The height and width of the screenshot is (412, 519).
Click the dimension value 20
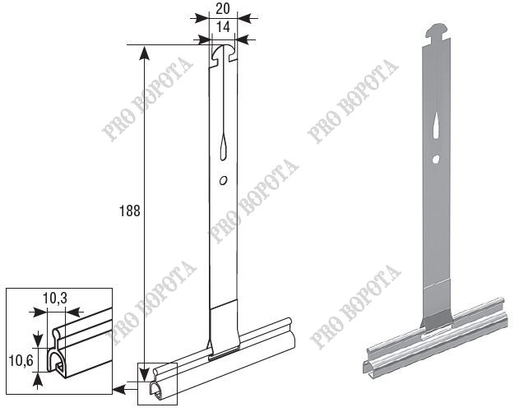(222, 9)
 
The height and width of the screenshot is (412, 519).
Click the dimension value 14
(224, 27)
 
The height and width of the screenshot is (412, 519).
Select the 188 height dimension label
(129, 211)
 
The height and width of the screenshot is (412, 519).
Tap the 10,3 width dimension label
(55, 299)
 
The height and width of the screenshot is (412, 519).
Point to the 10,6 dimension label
(21, 361)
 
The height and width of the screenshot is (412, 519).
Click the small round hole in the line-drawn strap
(224, 180)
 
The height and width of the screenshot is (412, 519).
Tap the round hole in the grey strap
(436, 160)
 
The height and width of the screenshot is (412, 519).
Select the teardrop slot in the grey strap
(436, 125)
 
